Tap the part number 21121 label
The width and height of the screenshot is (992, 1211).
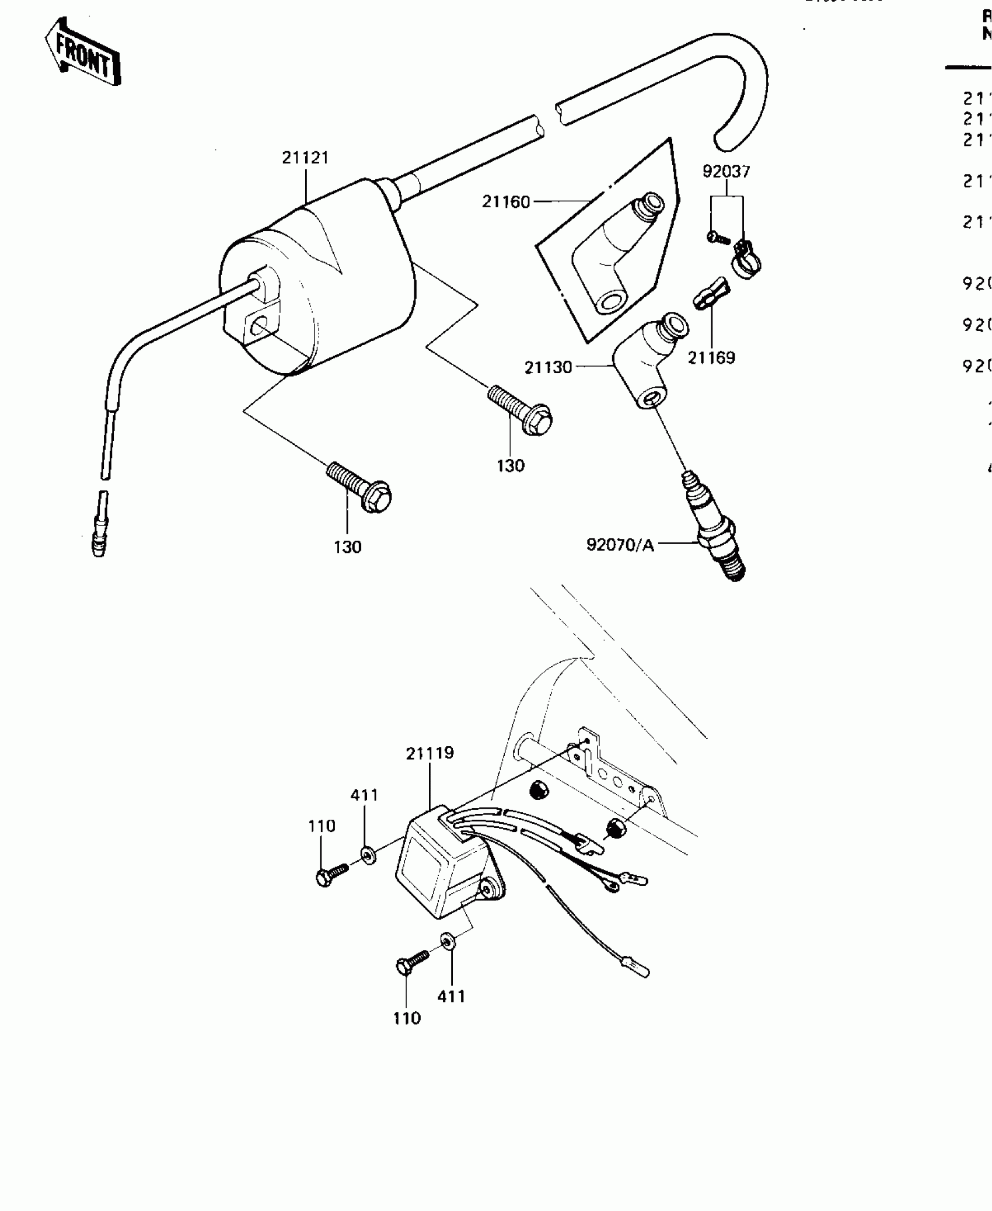pos(305,158)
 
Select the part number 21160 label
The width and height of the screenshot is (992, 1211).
pos(506,202)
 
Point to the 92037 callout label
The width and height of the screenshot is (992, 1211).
pos(726,172)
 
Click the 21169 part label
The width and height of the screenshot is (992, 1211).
pos(711,357)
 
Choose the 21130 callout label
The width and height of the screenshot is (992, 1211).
pos(548,367)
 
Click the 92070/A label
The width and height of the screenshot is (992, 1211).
pos(620,545)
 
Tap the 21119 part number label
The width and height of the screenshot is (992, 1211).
pos(429,753)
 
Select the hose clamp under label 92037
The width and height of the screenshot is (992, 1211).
pos(746,259)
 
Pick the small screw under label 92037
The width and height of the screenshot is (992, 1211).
pos(718,238)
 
